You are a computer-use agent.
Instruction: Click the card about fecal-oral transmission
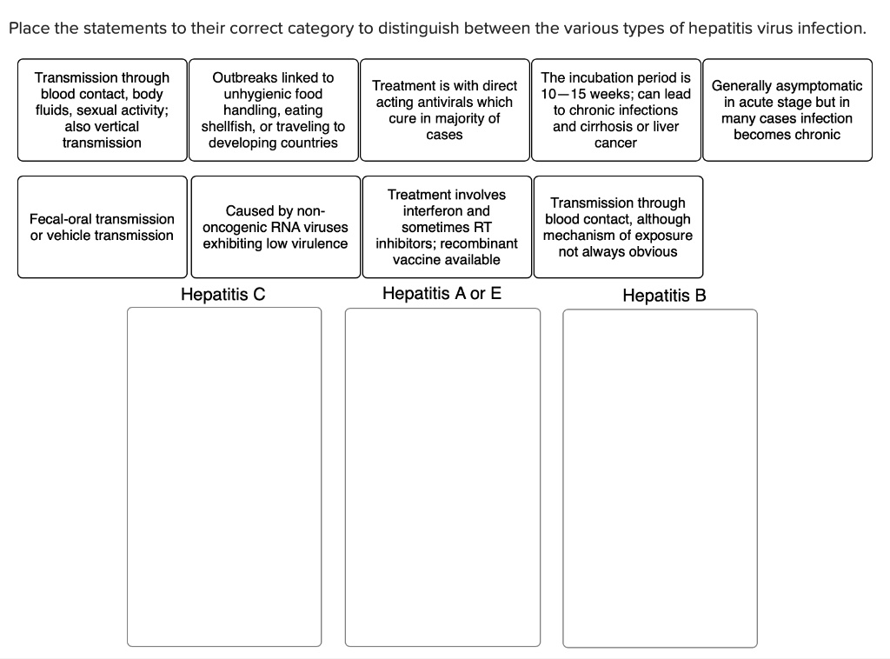[x=102, y=227]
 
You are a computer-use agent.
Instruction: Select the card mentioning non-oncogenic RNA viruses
[x=275, y=227]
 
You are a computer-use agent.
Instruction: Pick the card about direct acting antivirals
[x=444, y=110]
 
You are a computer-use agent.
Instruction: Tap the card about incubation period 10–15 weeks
[x=615, y=110]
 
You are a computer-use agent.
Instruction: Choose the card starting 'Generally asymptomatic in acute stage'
[x=787, y=110]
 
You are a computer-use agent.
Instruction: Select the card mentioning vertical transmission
[x=102, y=110]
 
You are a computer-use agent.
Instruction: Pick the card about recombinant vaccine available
[x=446, y=227]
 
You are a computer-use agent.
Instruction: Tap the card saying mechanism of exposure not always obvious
[x=617, y=227]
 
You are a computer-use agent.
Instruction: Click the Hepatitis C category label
[x=222, y=294]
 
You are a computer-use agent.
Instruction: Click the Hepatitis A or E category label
[x=442, y=293]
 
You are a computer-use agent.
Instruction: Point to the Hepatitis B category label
[x=664, y=296]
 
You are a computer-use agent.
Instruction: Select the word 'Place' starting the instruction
[x=27, y=28]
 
